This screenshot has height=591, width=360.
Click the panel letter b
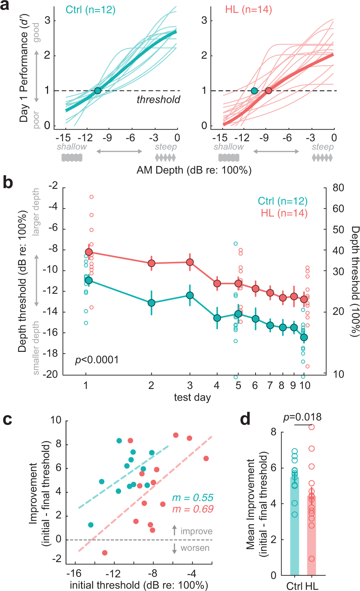tap(8, 182)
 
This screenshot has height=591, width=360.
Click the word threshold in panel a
tap(158, 100)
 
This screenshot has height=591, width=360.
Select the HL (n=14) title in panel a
tap(248, 9)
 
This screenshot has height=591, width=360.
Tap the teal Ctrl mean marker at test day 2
tap(151, 303)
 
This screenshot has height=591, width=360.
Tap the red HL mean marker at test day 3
tap(190, 262)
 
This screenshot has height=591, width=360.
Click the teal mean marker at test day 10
tap(304, 337)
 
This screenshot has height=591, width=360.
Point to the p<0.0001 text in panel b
tap(97, 360)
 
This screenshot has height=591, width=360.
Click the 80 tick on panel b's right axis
tap(338, 188)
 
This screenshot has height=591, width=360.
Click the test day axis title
tap(192, 397)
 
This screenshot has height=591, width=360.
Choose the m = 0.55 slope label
tap(193, 498)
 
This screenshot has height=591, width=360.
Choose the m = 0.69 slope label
tap(193, 509)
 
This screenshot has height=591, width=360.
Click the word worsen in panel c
tap(195, 548)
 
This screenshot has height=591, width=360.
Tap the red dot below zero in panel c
tap(105, 553)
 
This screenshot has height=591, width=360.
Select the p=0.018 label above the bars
tap(302, 417)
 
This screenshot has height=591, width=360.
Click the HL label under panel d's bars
tap(312, 586)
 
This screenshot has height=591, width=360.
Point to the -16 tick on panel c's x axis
tap(74, 574)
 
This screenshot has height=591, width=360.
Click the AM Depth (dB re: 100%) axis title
tap(194, 170)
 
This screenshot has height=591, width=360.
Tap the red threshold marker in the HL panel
tap(269, 91)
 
